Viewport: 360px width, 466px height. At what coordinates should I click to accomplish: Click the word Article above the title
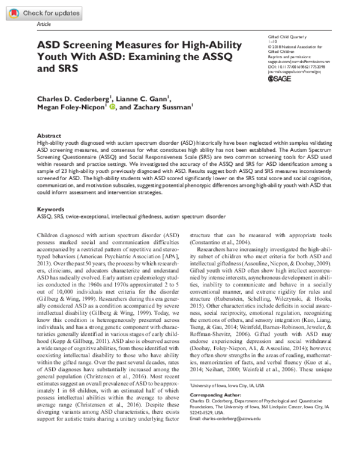click(44, 25)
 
